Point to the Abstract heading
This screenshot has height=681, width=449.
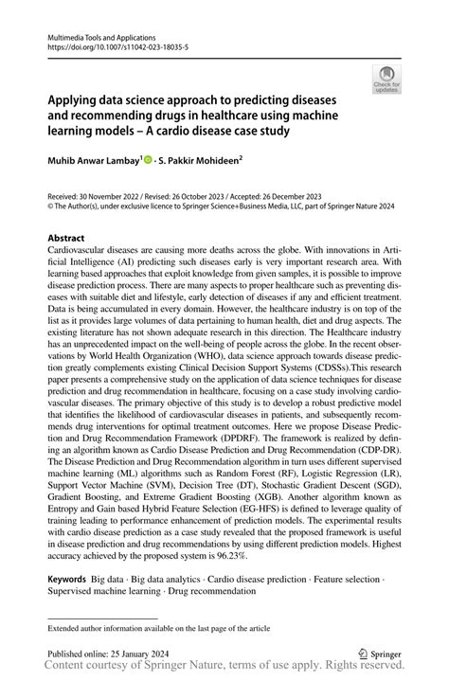point(65,238)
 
